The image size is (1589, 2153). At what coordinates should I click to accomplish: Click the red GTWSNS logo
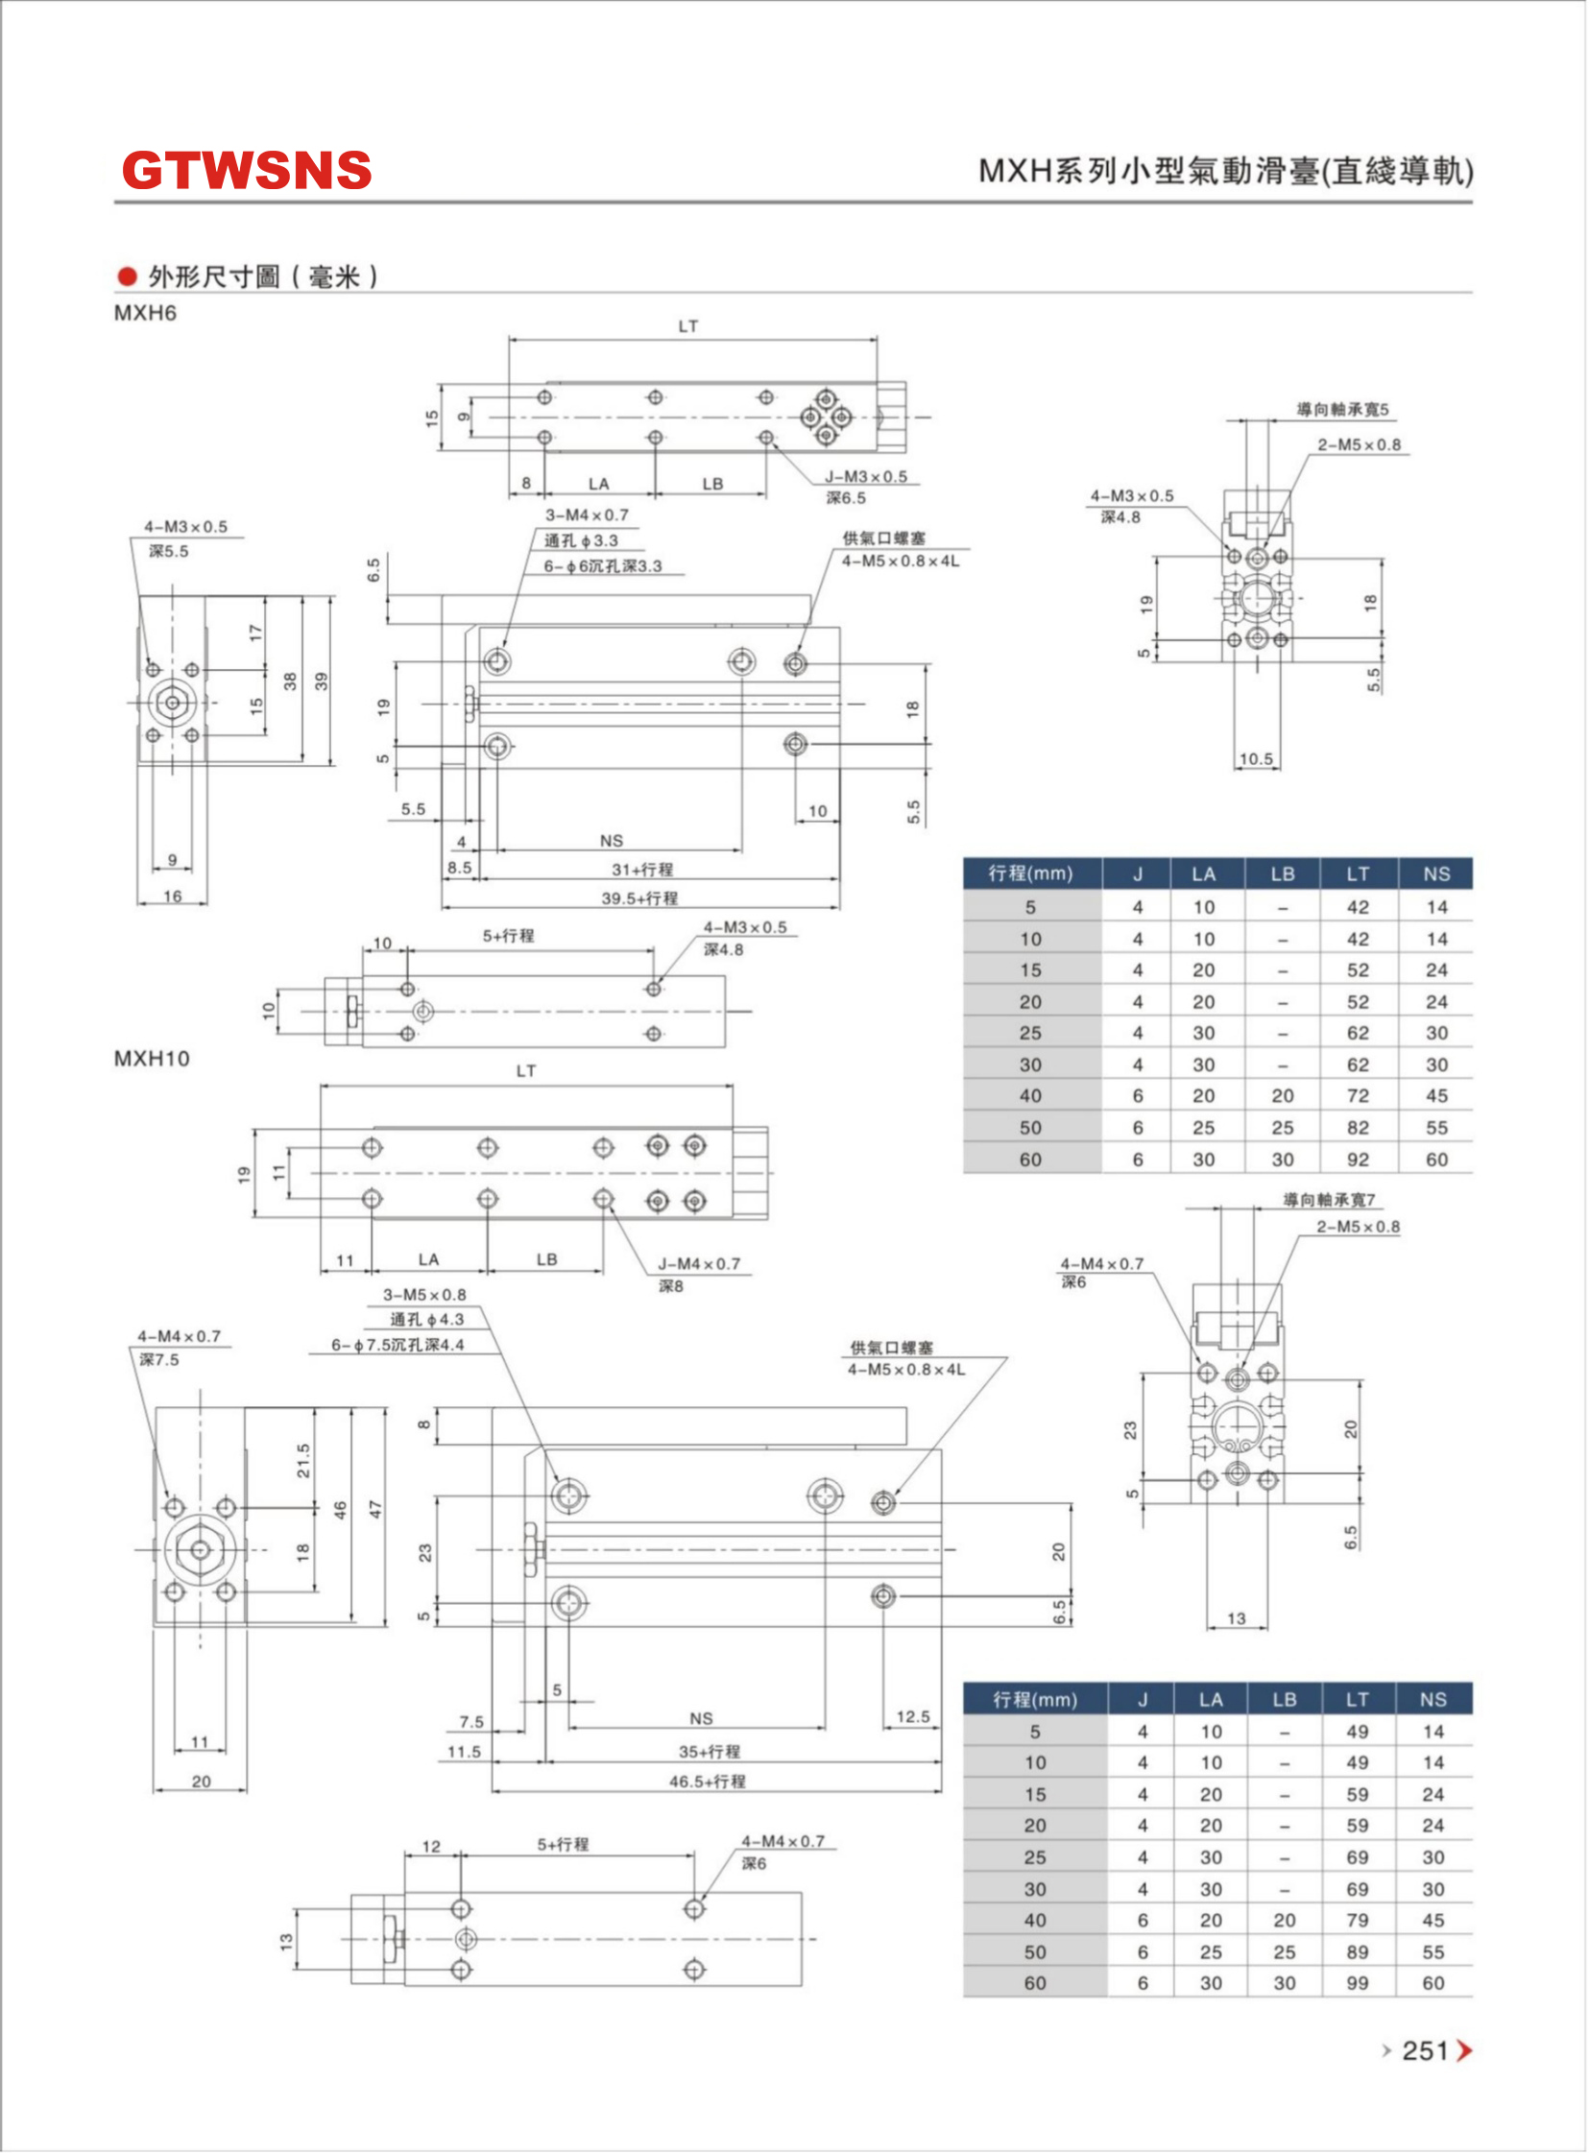tap(246, 170)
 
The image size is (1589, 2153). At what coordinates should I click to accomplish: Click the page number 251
tap(1425, 2051)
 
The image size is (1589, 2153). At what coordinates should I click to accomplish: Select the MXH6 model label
tap(145, 314)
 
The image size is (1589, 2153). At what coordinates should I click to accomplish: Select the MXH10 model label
tap(152, 1059)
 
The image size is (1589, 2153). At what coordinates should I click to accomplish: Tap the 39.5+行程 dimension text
tap(639, 898)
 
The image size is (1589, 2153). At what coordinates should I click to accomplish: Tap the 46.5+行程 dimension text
tap(707, 1781)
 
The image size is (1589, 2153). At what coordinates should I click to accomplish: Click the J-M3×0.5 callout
tap(866, 477)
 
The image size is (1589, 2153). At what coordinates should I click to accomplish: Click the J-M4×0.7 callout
tap(699, 1263)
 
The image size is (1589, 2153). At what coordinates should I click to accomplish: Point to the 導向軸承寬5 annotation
tap(1343, 410)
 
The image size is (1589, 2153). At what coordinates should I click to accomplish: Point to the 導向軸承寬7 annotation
tap(1330, 1199)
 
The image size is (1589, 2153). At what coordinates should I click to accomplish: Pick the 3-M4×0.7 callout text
tap(587, 515)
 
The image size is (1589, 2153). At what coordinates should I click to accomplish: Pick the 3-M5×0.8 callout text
tap(424, 1294)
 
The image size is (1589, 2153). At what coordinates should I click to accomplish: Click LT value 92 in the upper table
tap(1358, 1160)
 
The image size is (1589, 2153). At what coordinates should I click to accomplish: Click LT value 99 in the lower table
tap(1358, 1983)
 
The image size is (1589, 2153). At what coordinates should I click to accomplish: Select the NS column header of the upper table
tap(1436, 874)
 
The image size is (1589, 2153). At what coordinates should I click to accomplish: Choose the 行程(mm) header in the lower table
tap(1035, 1699)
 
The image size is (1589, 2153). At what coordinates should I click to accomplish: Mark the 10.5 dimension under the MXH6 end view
tap(1256, 758)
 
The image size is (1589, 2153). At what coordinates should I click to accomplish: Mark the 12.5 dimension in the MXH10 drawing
tap(913, 1716)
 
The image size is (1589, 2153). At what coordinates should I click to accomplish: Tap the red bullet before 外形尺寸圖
tap(127, 277)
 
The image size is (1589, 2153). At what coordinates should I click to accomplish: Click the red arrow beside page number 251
tap(1464, 2051)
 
